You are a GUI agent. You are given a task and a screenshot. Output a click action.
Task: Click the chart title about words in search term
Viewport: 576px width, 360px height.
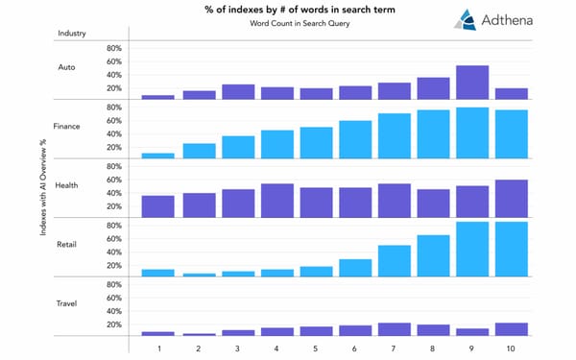point(288,11)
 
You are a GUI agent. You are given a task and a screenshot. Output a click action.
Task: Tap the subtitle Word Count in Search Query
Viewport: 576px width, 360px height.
point(288,26)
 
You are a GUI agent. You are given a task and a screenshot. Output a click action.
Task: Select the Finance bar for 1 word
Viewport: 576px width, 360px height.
point(157,155)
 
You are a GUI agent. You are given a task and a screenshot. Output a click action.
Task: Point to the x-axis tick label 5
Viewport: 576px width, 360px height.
point(315,347)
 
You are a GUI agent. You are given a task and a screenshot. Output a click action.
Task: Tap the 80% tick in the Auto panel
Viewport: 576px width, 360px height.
point(113,48)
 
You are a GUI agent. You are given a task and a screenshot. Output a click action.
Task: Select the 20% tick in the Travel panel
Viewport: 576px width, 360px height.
point(113,324)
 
